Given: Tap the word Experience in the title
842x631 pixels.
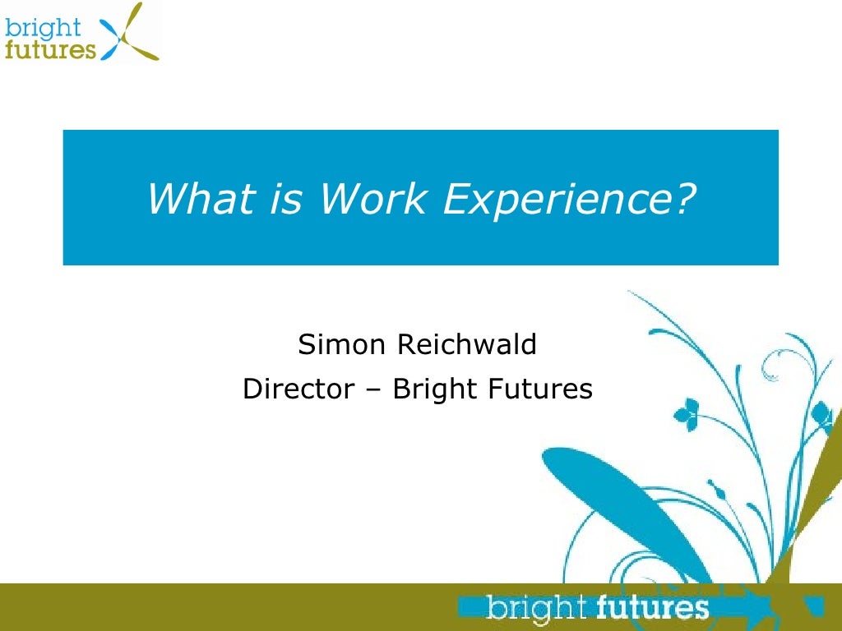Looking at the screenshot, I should (x=559, y=198).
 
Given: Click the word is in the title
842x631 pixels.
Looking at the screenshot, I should (x=283, y=198).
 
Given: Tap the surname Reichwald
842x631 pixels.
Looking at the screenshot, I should (x=466, y=344).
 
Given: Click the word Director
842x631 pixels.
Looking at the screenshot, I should (x=298, y=389).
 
